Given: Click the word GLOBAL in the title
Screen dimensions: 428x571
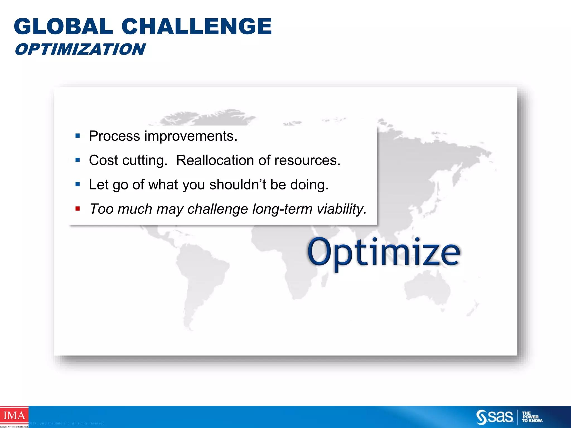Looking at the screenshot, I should [x=63, y=26].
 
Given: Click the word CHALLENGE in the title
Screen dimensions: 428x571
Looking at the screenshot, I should [x=197, y=26].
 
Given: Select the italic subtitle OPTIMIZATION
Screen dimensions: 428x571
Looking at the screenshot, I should [x=80, y=49].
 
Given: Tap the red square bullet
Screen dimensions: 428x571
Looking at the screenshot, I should [x=78, y=208].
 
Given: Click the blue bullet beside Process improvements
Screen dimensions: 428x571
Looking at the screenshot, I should [x=78, y=136].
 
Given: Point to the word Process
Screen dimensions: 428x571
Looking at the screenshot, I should [x=114, y=136].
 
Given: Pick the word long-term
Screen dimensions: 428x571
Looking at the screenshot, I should [x=282, y=209].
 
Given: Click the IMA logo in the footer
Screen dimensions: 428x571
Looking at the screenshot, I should [x=14, y=416].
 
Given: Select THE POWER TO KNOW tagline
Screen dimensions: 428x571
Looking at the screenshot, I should [x=532, y=417].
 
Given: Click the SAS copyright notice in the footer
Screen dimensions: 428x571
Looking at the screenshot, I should [x=67, y=423].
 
